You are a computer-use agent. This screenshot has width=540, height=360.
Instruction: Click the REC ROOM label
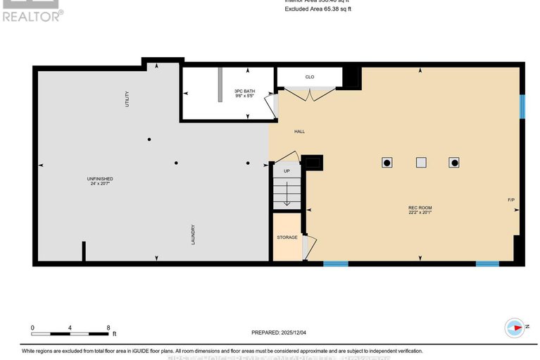pyautogui.click(x=420, y=207)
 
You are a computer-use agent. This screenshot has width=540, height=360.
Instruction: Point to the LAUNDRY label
pyautogui.click(x=192, y=235)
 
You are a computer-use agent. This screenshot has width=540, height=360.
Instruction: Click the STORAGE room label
pyautogui.click(x=287, y=237)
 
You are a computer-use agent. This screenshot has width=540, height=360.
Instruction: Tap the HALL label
pyautogui.click(x=299, y=132)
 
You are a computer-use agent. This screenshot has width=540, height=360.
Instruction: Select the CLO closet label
pyautogui.click(x=309, y=77)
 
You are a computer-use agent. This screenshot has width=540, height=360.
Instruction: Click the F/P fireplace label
pyautogui.click(x=511, y=200)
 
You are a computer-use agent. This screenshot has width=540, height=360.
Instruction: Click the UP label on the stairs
pyautogui.click(x=287, y=171)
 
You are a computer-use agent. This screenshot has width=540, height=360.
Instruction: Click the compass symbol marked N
pyautogui.click(x=515, y=328)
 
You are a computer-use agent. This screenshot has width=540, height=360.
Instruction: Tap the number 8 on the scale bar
pyautogui.click(x=108, y=328)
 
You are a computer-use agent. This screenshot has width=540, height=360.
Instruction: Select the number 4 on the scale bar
pyautogui.click(x=70, y=328)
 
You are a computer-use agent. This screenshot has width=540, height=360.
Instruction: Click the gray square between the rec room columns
pyautogui.click(x=420, y=163)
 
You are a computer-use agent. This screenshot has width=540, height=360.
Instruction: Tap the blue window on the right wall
pyautogui.click(x=522, y=106)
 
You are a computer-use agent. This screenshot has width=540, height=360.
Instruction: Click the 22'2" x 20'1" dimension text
pyautogui.click(x=420, y=213)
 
